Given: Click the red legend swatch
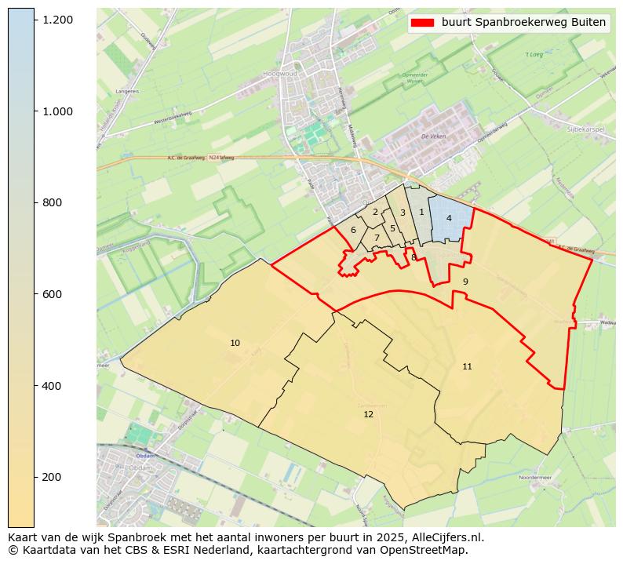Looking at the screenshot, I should point(421,23).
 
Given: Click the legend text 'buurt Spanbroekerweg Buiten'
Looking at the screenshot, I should point(523,23).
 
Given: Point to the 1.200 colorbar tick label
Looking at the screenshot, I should point(58,19).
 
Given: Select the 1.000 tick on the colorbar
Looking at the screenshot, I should point(58,111).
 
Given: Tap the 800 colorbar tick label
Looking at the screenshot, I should point(52,202).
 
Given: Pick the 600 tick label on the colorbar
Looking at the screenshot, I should point(52,294).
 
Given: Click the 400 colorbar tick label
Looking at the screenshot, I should point(52,386).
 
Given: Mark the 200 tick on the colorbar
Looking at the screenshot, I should point(52,477).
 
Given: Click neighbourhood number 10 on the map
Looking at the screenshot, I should point(235,344).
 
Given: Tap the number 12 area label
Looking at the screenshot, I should point(368,414).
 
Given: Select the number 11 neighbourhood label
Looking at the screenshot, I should point(467,366).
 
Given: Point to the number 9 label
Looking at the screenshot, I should point(465,282).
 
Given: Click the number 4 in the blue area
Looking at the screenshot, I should point(449,218).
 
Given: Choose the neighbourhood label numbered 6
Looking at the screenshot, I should point(353,230).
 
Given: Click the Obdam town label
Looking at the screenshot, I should point(145,455).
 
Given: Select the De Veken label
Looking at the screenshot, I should point(432,136).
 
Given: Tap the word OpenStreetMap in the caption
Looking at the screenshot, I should point(429,550).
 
